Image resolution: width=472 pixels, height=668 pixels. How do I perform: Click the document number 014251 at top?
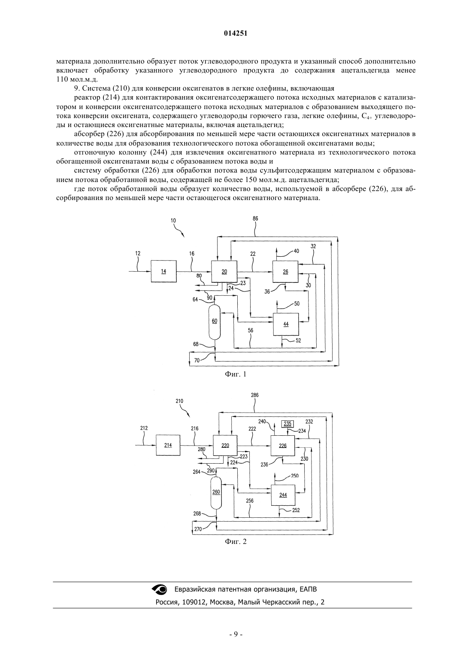pyautogui.click(x=236, y=33)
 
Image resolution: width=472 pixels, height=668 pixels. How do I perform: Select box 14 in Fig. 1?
pyautogui.click(x=163, y=271)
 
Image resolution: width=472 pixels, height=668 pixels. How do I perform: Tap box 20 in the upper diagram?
pyautogui.click(x=224, y=271)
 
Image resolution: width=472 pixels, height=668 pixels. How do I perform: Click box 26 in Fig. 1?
pyautogui.click(x=285, y=272)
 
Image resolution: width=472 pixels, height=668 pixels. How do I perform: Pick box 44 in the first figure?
pyautogui.click(x=286, y=324)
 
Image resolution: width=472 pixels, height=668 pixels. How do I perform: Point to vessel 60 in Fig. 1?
pyautogui.click(x=215, y=321)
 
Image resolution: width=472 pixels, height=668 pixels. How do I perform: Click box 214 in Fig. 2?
pyautogui.click(x=168, y=445)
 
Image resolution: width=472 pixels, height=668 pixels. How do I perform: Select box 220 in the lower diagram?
pyautogui.click(x=225, y=445)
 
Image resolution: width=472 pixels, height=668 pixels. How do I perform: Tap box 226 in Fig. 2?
pyautogui.click(x=283, y=446)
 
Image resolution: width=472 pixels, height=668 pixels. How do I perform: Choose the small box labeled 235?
pyautogui.click(x=287, y=423)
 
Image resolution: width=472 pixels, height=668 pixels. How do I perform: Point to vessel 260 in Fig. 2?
pyautogui.click(x=216, y=493)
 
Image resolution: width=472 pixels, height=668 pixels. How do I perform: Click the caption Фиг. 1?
pyautogui.click(x=236, y=374)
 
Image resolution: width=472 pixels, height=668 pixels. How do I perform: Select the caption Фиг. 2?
pyautogui.click(x=236, y=541)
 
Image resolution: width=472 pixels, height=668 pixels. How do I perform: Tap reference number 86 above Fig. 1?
pyautogui.click(x=255, y=219)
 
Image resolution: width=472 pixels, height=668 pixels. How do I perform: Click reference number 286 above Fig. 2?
pyautogui.click(x=255, y=395)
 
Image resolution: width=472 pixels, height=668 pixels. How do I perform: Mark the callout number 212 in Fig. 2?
pyautogui.click(x=144, y=428)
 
